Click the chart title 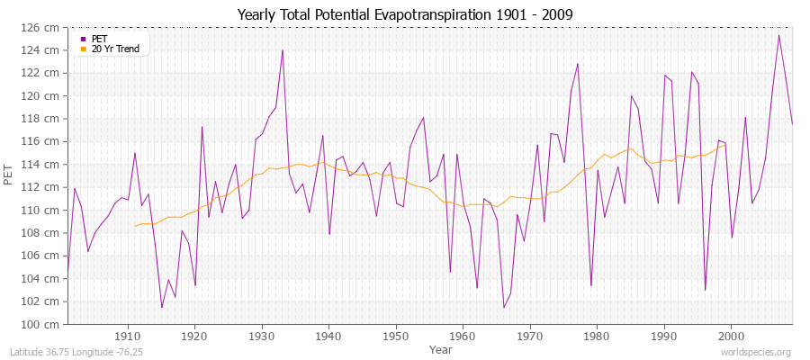405,14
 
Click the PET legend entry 99,39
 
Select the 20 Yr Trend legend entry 115,49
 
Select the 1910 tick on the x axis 127,336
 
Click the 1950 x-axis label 395,336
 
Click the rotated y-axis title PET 10,175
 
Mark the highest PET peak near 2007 778,35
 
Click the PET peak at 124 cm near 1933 283,49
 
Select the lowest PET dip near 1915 162,307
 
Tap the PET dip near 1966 504,307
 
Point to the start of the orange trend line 135,226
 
